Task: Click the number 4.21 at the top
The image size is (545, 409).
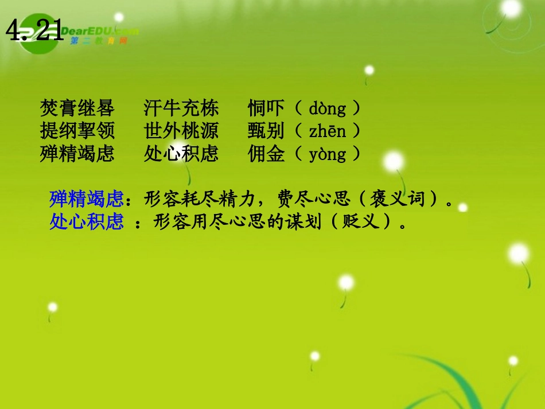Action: pyautogui.click(x=35, y=30)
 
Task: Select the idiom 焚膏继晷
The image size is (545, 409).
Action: pyautogui.click(x=77, y=108)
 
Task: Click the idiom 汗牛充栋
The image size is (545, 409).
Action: pyautogui.click(x=181, y=108)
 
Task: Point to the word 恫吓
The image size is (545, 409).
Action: pyautogui.click(x=266, y=108)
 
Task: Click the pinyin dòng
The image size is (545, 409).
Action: pyautogui.click(x=328, y=108)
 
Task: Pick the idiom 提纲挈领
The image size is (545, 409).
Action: pyautogui.click(x=77, y=131)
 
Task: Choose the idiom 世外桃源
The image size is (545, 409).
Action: pyautogui.click(x=181, y=131)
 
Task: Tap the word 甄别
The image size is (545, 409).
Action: pyautogui.click(x=266, y=131)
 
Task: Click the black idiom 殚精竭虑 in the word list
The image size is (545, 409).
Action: pyautogui.click(x=77, y=154)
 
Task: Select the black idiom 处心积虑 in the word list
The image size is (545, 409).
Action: pyautogui.click(x=181, y=154)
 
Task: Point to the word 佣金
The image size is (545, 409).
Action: pyautogui.click(x=266, y=154)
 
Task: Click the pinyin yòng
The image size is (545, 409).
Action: pyautogui.click(x=328, y=154)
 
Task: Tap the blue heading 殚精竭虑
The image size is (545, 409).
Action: pyautogui.click(x=87, y=198)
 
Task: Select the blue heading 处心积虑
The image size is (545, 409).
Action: pyautogui.click(x=87, y=221)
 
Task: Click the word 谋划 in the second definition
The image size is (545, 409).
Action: pyautogui.click(x=306, y=221)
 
